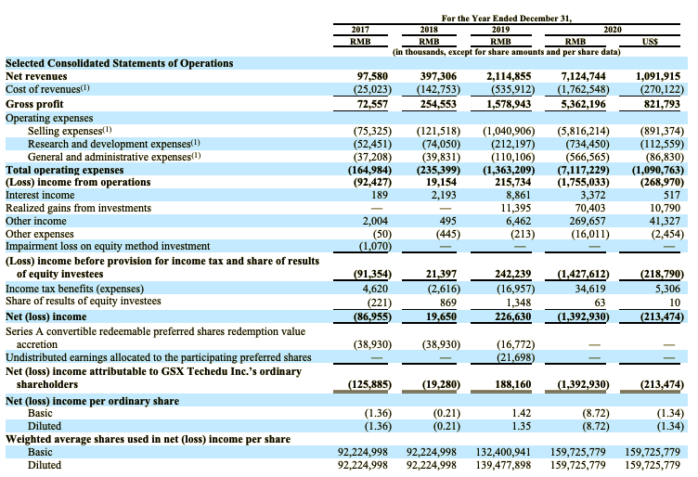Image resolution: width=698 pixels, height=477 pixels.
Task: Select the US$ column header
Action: pos(664,42)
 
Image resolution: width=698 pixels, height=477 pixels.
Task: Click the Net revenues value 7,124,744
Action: pos(583,76)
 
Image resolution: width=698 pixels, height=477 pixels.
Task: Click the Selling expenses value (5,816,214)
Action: pos(582,132)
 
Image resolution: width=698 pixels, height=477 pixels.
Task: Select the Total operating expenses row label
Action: pos(64,171)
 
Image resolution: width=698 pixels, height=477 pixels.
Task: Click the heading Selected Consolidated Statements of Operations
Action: pos(106,63)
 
